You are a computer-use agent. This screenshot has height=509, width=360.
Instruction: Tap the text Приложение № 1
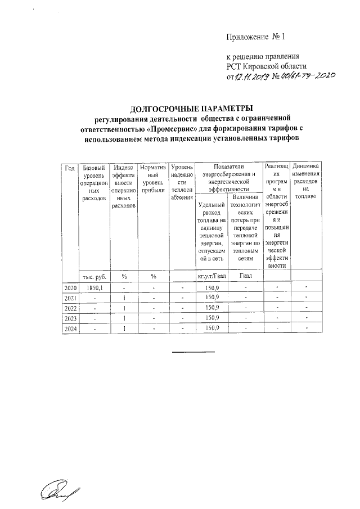(x=255, y=38)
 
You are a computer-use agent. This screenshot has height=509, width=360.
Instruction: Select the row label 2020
(x=70, y=288)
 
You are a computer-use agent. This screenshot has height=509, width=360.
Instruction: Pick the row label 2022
(x=70, y=308)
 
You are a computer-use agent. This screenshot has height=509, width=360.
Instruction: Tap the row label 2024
(x=70, y=328)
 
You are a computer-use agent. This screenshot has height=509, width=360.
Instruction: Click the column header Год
(x=70, y=168)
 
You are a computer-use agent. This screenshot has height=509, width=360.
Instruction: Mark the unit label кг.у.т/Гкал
(x=211, y=276)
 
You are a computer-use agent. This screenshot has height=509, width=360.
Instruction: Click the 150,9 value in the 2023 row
(x=211, y=318)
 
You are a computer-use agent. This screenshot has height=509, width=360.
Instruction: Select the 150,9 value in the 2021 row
(x=211, y=298)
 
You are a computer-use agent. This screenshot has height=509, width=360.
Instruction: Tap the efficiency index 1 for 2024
(x=123, y=328)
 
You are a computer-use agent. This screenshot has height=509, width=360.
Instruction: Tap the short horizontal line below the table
(x=193, y=352)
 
